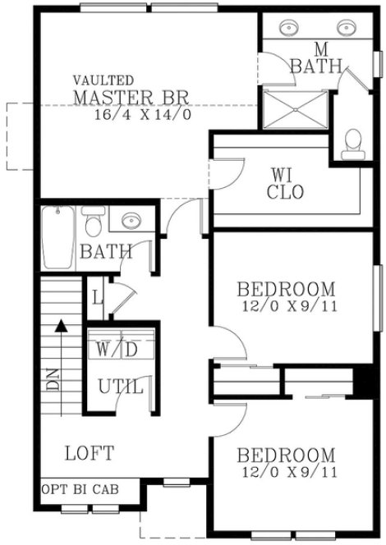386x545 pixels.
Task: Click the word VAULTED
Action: (x=103, y=80)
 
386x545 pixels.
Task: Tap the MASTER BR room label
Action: (x=131, y=98)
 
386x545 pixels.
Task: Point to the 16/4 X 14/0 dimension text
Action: (x=144, y=114)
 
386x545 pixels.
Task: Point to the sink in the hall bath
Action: (x=130, y=221)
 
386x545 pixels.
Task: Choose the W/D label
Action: (x=117, y=349)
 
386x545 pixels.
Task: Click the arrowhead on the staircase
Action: (x=61, y=326)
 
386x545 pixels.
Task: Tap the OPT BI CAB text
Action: (x=79, y=490)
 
